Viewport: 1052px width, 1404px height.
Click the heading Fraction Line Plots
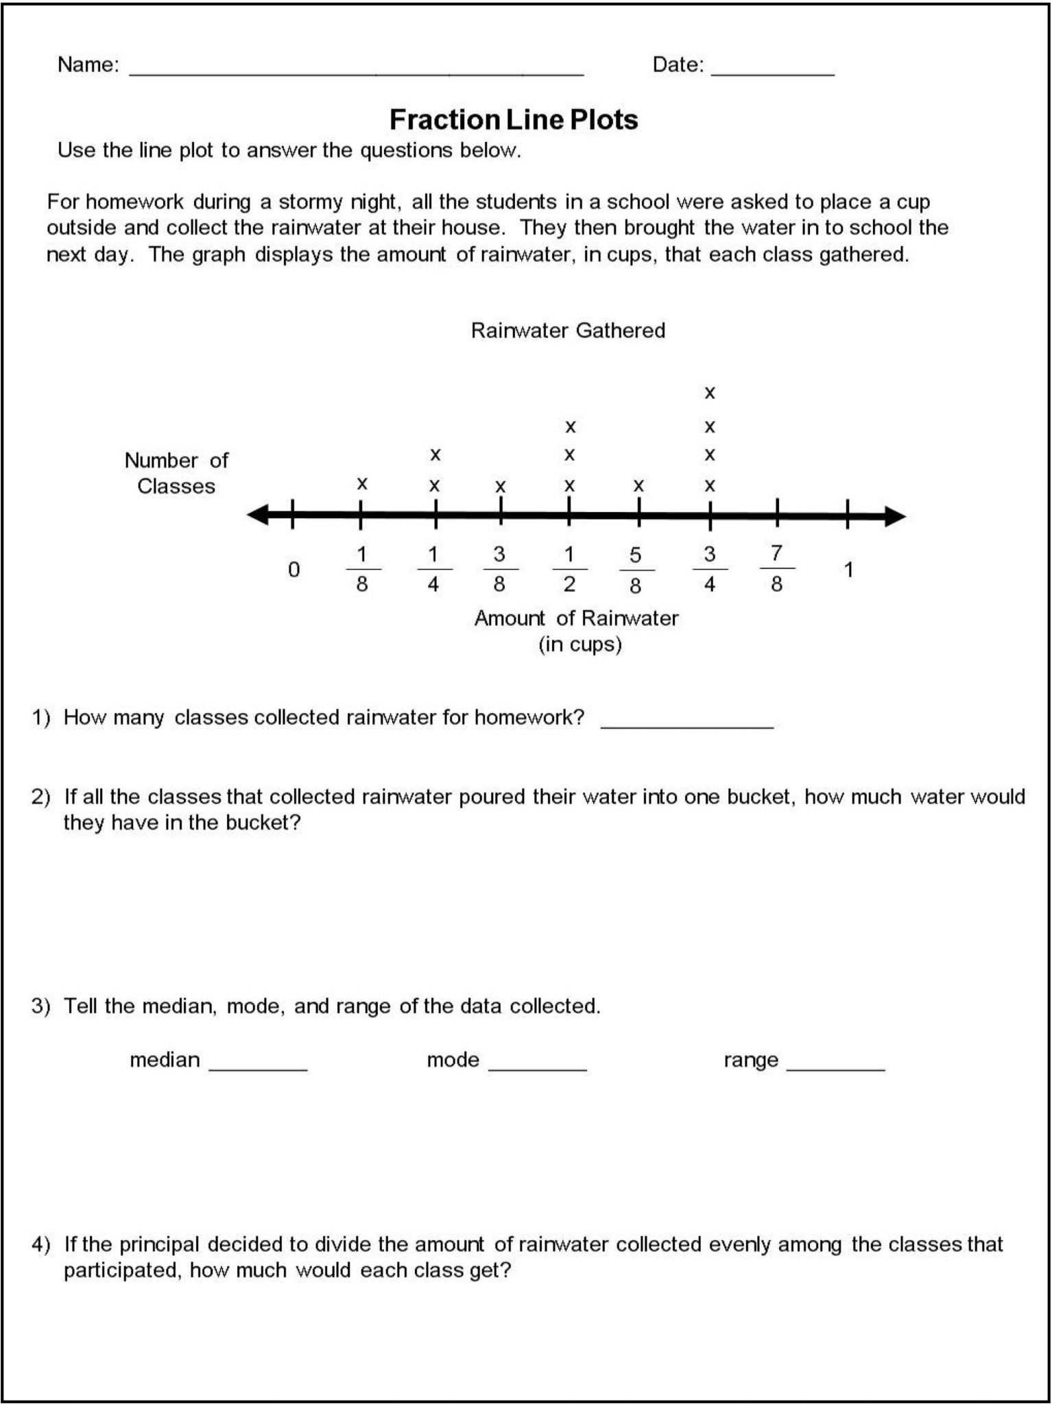pos(514,120)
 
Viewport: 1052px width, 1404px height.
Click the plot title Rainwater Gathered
pos(568,330)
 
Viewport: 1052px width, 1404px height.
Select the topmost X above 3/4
pos(710,393)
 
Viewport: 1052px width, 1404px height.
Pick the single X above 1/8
pos(362,484)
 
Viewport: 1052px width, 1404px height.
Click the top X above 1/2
pos(570,427)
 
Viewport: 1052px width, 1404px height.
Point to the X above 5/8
pos(638,486)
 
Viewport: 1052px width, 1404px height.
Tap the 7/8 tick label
pos(776,568)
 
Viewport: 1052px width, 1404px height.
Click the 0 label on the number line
pos(294,570)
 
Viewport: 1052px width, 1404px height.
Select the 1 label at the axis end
pos(848,570)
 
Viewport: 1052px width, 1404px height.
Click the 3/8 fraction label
pos(500,568)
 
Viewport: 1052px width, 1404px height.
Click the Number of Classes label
pos(176,473)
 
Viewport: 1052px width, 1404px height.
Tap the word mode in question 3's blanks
pos(453,1060)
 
